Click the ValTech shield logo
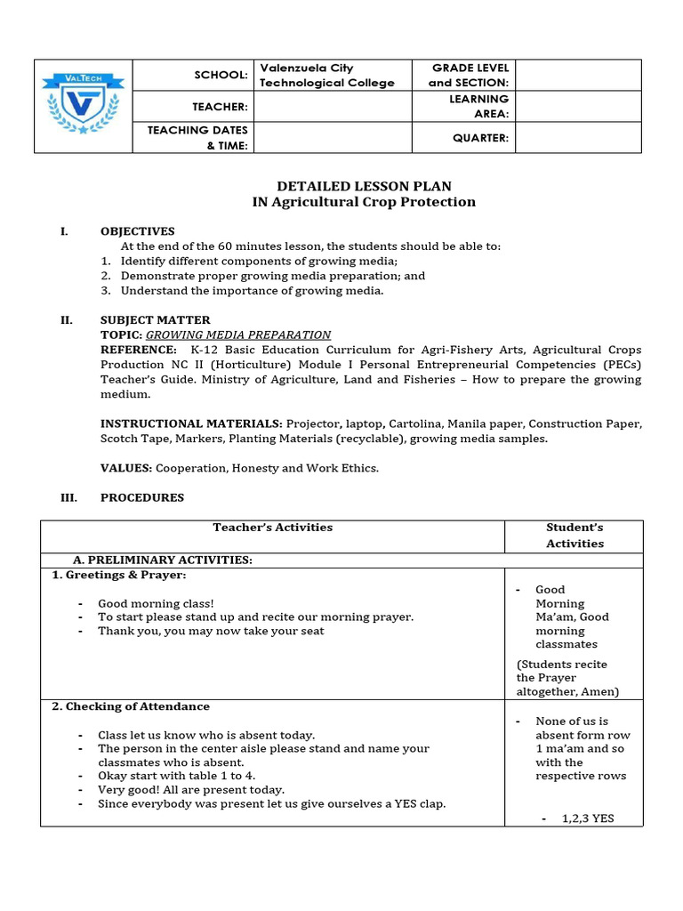[x=84, y=106]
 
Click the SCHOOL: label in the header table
[x=221, y=76]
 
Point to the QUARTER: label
[x=480, y=138]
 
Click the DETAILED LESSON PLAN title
[x=364, y=186]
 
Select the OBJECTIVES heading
[x=137, y=231]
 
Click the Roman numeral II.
[x=67, y=320]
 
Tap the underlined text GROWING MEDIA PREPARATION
[x=238, y=335]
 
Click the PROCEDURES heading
[x=142, y=497]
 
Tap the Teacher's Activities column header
[x=272, y=528]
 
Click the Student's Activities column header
[x=575, y=536]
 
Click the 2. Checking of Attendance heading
[x=131, y=706]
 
